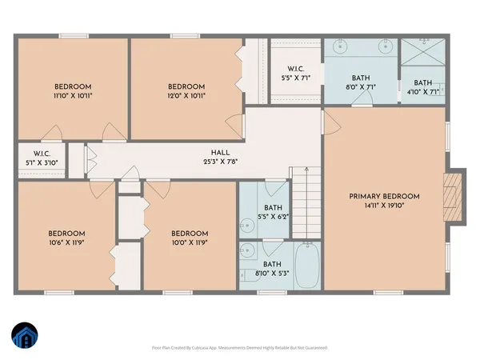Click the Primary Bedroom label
point(384,196)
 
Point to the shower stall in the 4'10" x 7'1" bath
point(421,54)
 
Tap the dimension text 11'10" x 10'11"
point(73,95)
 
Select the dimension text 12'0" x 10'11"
point(186,95)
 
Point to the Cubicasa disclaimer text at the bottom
point(240,348)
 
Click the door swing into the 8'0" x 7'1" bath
point(363,97)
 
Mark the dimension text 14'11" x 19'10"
point(384,205)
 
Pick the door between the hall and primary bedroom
point(324,122)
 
